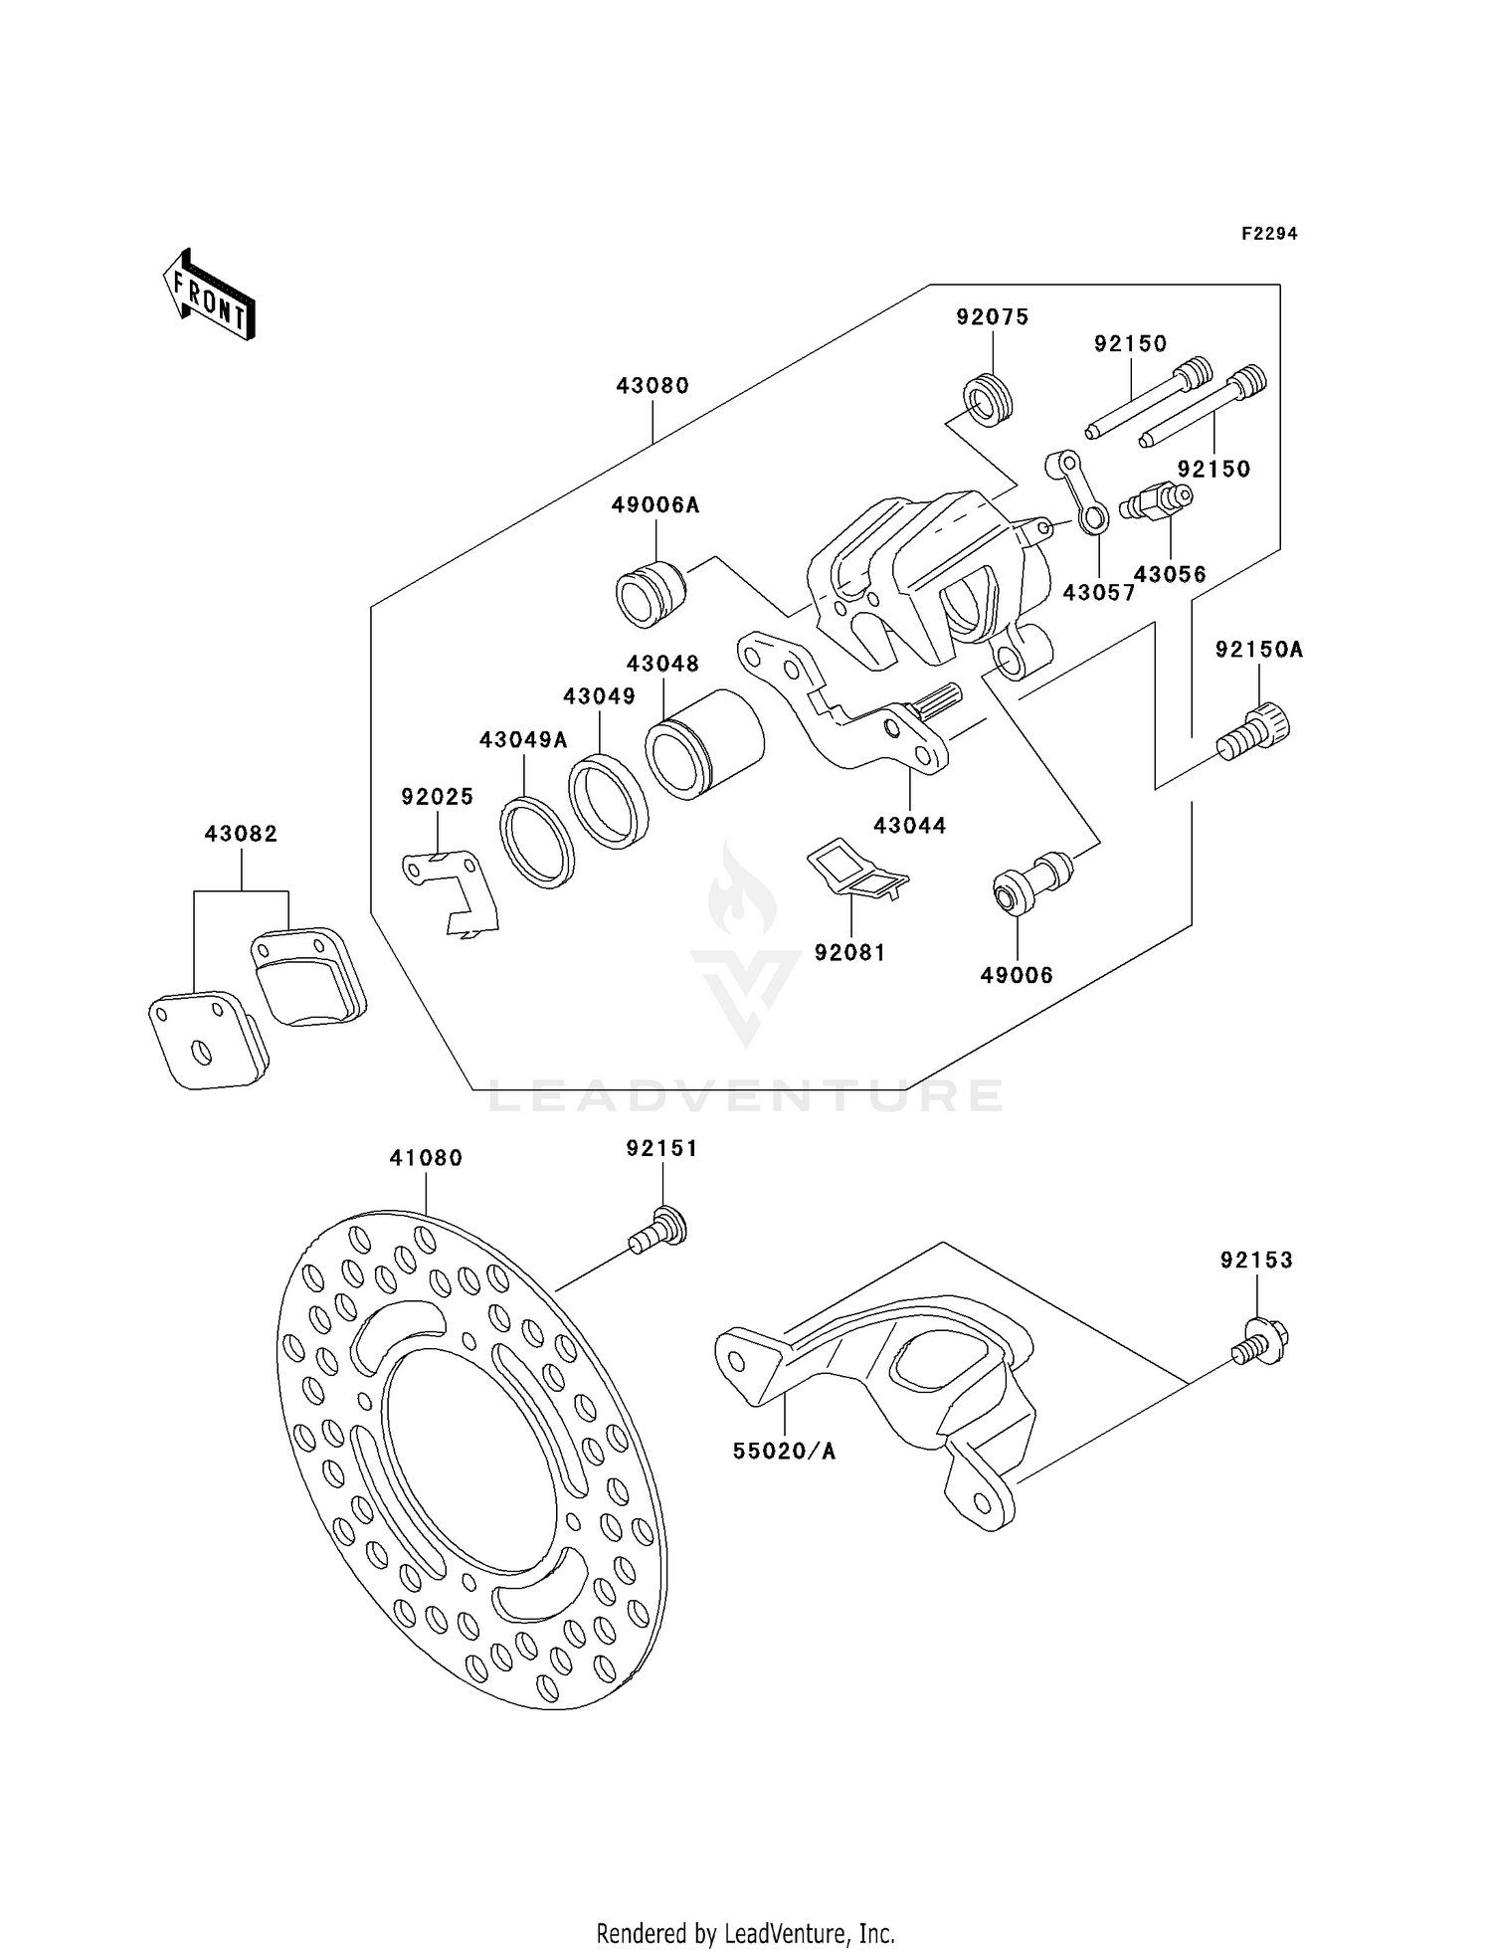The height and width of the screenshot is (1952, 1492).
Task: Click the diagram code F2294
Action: [x=1268, y=234]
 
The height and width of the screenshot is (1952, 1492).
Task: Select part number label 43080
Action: [x=652, y=386]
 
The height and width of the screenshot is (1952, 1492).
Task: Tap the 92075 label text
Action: [x=992, y=317]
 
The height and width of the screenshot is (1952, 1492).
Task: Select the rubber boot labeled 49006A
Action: [x=651, y=594]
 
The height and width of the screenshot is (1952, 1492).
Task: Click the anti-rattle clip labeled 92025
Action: [x=450, y=888]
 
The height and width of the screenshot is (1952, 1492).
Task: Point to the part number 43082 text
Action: [x=241, y=834]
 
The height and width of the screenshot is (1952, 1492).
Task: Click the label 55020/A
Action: [x=784, y=1452]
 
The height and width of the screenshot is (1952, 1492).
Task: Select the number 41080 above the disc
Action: [x=426, y=1158]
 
